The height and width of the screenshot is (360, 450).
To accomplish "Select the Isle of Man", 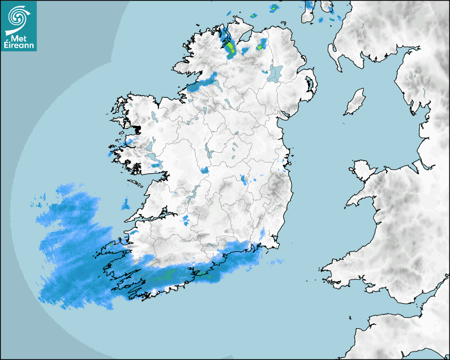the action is (x=355, y=102).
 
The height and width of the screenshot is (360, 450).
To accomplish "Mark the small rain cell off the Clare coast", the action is (x=125, y=203).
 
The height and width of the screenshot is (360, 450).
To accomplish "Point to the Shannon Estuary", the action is (x=154, y=215).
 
